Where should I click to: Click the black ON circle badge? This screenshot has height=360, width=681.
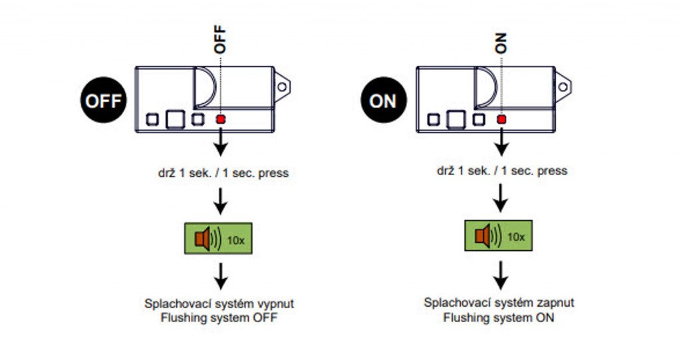(x=383, y=101)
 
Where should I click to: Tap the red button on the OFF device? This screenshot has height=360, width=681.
(x=220, y=119)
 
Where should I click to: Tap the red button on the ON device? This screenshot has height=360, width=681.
(x=501, y=119)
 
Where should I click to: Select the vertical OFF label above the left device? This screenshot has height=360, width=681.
(x=220, y=40)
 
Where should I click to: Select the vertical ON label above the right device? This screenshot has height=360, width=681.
(x=501, y=45)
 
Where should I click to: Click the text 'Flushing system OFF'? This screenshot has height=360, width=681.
(x=219, y=318)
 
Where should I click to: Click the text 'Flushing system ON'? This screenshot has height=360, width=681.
(x=499, y=318)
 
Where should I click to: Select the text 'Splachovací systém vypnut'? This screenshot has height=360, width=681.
(x=219, y=303)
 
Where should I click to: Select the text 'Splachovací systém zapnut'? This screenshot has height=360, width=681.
(x=499, y=303)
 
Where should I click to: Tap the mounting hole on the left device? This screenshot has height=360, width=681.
(x=283, y=87)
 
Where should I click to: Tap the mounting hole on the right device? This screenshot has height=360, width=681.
(x=564, y=87)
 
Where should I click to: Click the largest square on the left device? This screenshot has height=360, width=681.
(x=175, y=119)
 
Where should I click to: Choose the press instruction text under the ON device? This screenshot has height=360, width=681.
(x=502, y=171)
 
